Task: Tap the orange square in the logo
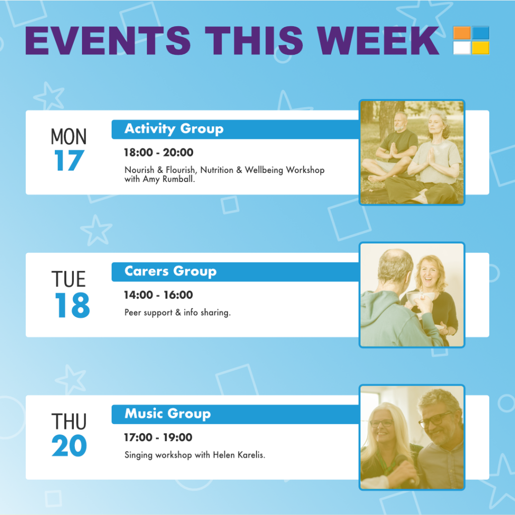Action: (462, 33)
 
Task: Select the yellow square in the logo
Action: (480, 48)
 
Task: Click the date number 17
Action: (69, 160)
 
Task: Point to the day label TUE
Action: (68, 279)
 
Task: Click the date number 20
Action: (69, 446)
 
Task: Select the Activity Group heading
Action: (174, 129)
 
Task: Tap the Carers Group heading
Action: (170, 271)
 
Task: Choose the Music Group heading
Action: (167, 414)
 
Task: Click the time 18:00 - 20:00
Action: (158, 152)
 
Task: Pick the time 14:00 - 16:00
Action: (158, 295)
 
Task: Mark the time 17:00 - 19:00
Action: (158, 438)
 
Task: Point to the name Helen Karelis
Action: (239, 455)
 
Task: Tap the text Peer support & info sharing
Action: (178, 312)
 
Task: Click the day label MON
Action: (68, 137)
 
